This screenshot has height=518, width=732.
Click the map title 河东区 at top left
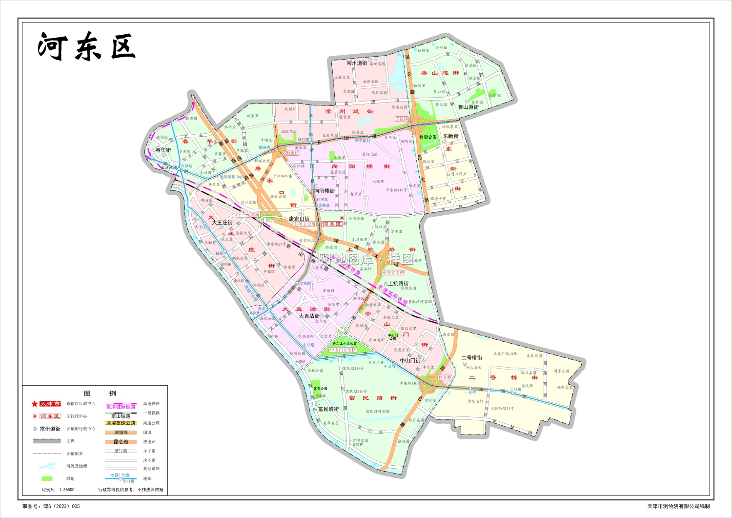[86, 47]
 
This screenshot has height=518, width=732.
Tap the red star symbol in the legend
[35, 404]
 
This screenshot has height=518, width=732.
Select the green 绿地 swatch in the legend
[47, 478]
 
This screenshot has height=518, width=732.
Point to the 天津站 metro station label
[187, 166]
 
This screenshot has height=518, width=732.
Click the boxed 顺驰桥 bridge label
[292, 153]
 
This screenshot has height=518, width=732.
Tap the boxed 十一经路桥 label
[248, 214]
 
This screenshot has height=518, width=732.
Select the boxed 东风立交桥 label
[305, 224]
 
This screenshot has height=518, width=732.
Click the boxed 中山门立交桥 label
[343, 350]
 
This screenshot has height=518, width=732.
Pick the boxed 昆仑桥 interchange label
[444, 377]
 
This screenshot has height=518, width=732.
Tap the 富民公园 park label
[320, 389]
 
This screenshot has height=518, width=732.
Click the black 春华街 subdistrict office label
[163, 150]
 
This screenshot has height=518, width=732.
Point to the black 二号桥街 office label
[471, 358]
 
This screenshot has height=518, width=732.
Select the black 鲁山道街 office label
[468, 107]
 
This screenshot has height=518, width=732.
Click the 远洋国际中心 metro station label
[231, 177]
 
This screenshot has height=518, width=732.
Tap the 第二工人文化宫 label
[348, 344]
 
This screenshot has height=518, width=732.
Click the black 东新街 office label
[450, 136]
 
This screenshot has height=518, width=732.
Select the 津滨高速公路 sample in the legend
[121, 423]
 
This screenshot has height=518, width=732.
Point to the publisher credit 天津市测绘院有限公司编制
[678, 507]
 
